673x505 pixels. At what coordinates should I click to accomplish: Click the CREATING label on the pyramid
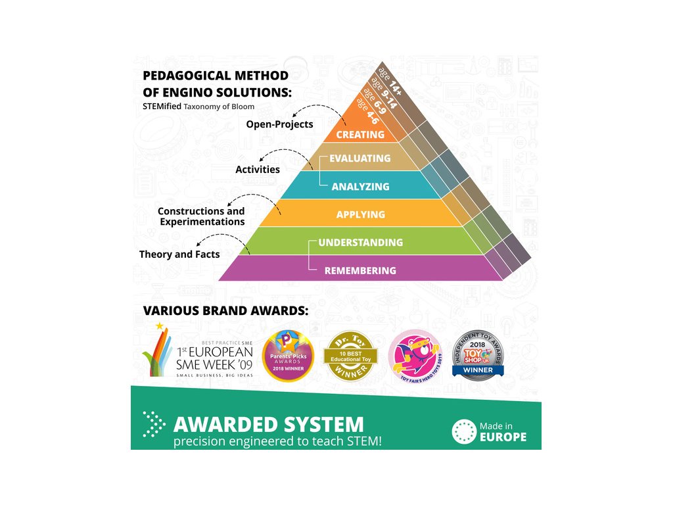pyautogui.click(x=360, y=135)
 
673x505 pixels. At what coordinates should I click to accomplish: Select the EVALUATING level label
pyautogui.click(x=360, y=158)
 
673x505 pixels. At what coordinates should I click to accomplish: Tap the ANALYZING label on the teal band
pyautogui.click(x=360, y=187)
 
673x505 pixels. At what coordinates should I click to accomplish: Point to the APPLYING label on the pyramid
pyautogui.click(x=360, y=215)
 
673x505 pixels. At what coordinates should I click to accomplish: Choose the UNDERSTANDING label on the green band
pyautogui.click(x=360, y=243)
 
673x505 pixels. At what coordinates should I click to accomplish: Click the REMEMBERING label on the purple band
pyautogui.click(x=360, y=270)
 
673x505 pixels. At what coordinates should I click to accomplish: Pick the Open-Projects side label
pyautogui.click(x=279, y=124)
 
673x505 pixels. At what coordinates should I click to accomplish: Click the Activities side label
pyautogui.click(x=258, y=170)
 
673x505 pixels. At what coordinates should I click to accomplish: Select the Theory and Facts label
pyautogui.click(x=179, y=254)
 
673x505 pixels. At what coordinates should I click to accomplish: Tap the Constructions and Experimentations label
pyautogui.click(x=201, y=216)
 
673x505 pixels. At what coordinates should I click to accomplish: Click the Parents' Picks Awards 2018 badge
pyautogui.click(x=289, y=356)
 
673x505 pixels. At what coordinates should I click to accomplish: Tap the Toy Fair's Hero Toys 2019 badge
pyautogui.click(x=416, y=356)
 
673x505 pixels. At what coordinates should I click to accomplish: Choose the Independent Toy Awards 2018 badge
pyautogui.click(x=478, y=355)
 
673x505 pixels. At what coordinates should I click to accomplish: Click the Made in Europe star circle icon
pyautogui.click(x=463, y=431)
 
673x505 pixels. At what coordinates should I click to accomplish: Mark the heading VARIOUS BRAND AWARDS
pyautogui.click(x=225, y=310)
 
